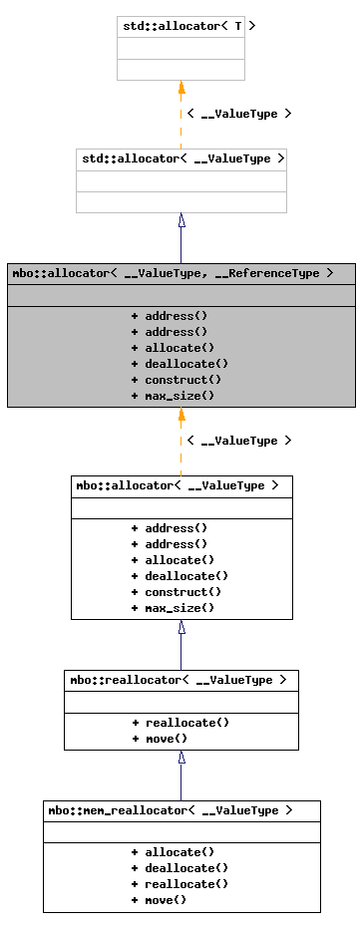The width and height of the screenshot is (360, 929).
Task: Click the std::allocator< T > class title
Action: tap(181, 26)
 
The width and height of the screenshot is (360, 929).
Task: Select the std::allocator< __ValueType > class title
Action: tap(181, 158)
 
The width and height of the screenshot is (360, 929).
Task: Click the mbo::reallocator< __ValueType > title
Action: tap(180, 680)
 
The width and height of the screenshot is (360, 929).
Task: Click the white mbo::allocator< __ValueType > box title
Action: tap(180, 485)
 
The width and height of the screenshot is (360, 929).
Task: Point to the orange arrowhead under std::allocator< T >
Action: tap(181, 88)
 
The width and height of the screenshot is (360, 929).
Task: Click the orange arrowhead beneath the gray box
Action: tap(181, 415)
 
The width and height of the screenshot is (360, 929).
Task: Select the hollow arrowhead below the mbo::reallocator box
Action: tap(181, 758)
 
